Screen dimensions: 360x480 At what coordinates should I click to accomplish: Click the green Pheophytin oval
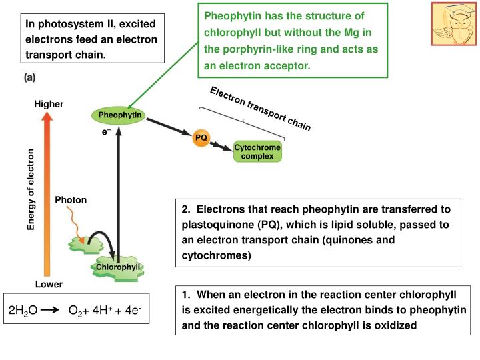[117, 116]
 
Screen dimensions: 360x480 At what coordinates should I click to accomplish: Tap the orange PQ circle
[201, 138]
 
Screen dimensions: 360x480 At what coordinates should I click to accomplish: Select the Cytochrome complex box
[257, 151]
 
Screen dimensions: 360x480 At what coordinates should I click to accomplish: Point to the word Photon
[71, 199]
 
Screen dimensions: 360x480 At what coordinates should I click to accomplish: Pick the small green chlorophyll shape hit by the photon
[85, 244]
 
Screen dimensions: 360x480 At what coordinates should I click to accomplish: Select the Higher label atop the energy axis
[48, 103]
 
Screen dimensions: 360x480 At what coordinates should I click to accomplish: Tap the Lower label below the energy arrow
[49, 284]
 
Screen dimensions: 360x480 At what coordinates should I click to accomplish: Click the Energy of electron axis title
[30, 191]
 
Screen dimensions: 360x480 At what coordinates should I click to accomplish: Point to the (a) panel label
[30, 77]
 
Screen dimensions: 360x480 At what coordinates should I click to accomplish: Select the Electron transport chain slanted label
[260, 108]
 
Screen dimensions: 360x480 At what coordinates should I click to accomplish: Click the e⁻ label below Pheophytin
[105, 132]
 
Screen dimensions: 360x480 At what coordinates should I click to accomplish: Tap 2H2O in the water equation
[23, 311]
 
